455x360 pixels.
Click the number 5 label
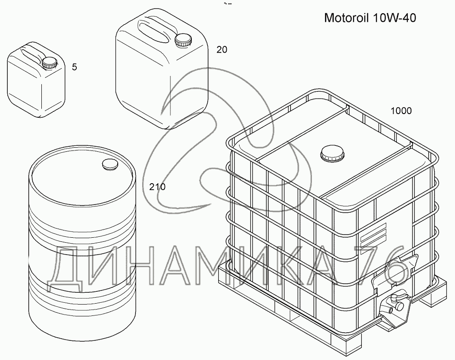75,67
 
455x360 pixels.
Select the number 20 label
221,50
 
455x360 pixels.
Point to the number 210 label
157,186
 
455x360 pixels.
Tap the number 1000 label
401,110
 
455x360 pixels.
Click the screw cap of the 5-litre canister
49,62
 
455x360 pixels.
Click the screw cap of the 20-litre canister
183,40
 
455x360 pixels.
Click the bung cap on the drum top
110,164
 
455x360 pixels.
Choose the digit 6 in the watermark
395,268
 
